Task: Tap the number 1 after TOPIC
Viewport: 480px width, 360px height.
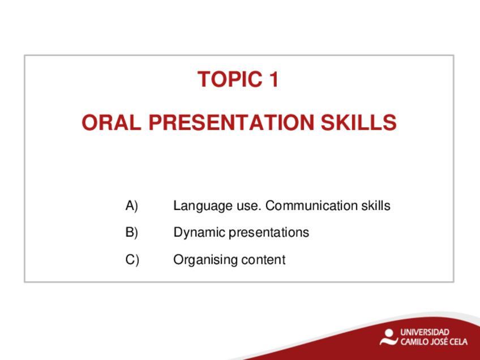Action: point(273,79)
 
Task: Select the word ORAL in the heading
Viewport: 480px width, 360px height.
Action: point(112,122)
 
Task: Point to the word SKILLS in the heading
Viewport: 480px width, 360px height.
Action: point(359,122)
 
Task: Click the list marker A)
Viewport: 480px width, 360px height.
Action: point(132,205)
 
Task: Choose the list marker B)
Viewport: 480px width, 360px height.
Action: point(132,232)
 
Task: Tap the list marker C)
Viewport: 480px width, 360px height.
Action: point(132,260)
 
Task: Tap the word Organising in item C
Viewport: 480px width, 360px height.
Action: point(205,260)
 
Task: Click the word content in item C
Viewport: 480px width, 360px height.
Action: point(263,260)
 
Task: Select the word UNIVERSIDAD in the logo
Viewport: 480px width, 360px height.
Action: point(425,332)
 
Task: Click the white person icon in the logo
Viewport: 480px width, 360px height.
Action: point(389,337)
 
